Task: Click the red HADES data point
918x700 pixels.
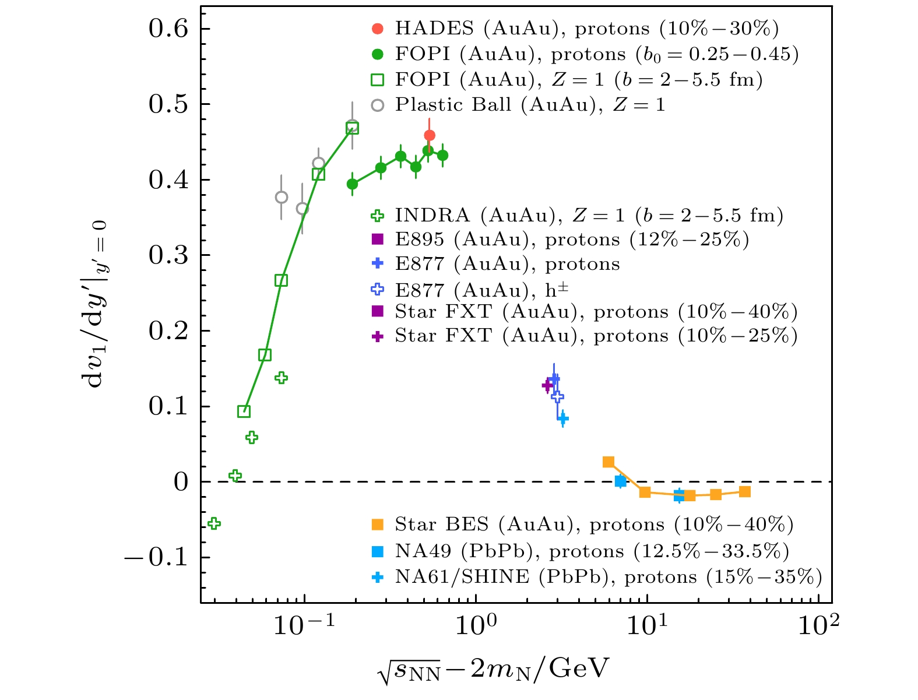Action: (430, 136)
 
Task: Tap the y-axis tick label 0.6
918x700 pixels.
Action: (169, 29)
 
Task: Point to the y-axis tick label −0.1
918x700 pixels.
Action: (156, 557)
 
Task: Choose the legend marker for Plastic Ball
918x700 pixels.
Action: (378, 105)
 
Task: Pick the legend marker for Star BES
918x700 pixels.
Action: (378, 525)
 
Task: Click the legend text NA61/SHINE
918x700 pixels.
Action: (462, 577)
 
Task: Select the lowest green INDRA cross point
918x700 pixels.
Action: (214, 523)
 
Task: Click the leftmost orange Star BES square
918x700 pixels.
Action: (609, 462)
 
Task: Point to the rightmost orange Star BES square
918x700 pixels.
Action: (744, 492)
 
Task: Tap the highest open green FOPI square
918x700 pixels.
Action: (352, 128)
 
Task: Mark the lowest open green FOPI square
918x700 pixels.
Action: (244, 411)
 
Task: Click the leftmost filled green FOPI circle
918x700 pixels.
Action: (352, 184)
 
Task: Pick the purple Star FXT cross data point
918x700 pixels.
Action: (547, 385)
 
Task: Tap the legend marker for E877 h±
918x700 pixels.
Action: (378, 289)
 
